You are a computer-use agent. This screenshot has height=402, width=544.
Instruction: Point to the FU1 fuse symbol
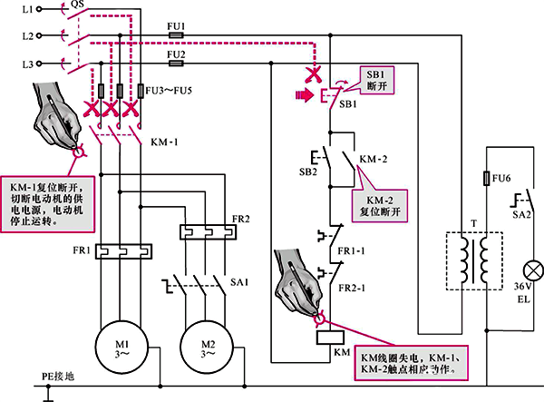[x=177, y=36]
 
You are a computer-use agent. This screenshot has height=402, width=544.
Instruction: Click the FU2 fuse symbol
[x=177, y=64]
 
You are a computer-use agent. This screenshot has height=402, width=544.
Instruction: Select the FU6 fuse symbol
[x=487, y=179]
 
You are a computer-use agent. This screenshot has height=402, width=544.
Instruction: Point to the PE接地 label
[x=57, y=375]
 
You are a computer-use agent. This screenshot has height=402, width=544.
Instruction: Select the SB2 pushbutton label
[x=308, y=170]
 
